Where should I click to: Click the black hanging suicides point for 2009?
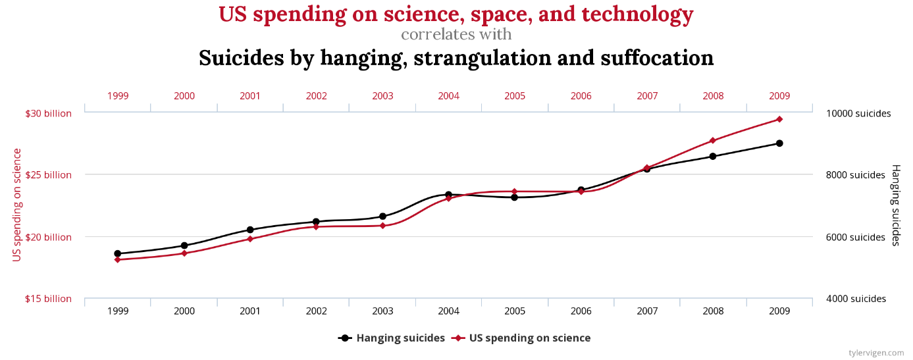(779, 143)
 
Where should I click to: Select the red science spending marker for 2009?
(779, 119)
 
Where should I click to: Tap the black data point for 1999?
(118, 253)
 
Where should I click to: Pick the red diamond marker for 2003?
(382, 226)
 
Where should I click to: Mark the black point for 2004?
(448, 195)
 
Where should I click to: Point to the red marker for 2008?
(713, 141)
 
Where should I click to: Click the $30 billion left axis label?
(48, 113)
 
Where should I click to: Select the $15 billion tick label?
(48, 299)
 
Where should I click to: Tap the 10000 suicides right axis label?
(858, 113)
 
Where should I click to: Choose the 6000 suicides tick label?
(855, 237)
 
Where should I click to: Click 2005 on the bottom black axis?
(515, 311)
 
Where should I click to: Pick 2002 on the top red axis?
(316, 96)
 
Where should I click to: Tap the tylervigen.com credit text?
(876, 353)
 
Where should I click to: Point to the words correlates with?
(456, 34)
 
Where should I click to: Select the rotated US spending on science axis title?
(17, 205)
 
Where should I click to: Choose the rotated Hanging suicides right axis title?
(896, 205)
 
